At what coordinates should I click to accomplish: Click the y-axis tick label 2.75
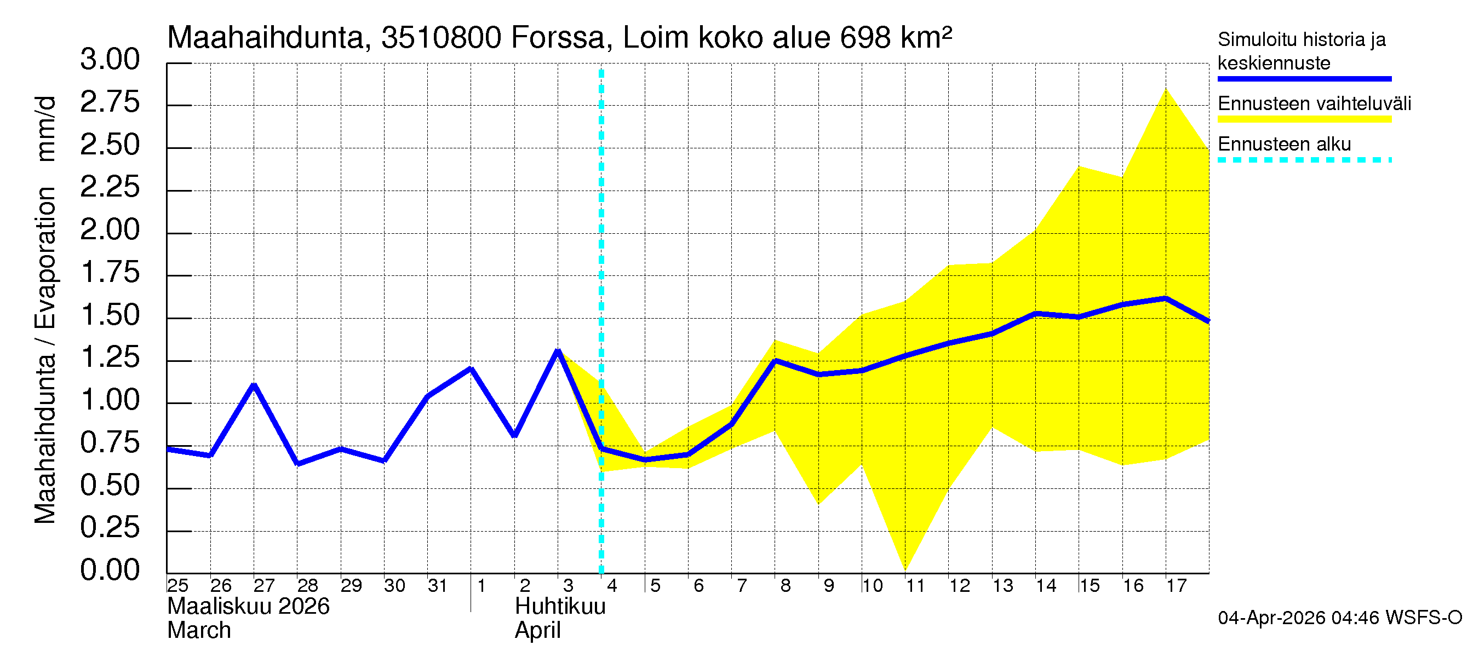coord(110,103)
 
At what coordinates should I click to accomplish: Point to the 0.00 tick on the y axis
coord(110,570)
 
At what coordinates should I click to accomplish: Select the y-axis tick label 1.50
coord(110,315)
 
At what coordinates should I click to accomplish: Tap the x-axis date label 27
coord(264,586)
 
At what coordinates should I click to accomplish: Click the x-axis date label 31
coord(438,586)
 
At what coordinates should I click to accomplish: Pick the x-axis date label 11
coord(915,586)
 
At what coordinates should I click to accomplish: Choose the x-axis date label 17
coord(1176,586)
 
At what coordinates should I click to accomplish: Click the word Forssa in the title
coord(558,38)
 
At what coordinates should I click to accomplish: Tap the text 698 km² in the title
coord(896,38)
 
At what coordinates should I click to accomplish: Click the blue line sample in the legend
coord(1304,79)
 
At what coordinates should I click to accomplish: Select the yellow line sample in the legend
coord(1304,119)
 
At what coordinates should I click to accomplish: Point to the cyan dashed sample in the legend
coord(1304,160)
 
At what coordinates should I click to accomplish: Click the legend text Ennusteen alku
coord(1285,144)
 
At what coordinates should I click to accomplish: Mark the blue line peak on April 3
coord(558,350)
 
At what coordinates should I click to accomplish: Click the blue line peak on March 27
coord(254,385)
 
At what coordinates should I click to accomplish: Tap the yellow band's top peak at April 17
coord(1166,89)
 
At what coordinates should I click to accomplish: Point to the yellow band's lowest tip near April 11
coord(905,570)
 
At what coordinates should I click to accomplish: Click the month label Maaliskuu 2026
coord(248,607)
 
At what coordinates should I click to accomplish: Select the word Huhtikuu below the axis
coord(560,607)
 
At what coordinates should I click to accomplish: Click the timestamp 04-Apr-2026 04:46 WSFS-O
coord(1339,618)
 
